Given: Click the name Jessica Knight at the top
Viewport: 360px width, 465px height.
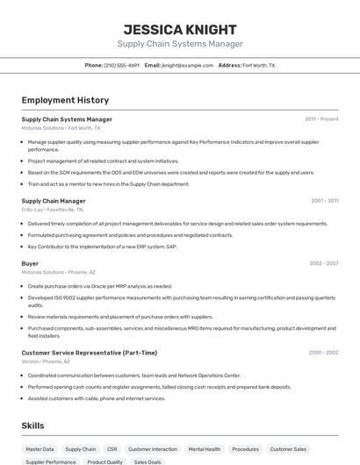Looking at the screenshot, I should (x=180, y=29).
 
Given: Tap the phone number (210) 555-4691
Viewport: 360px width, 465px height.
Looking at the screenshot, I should (x=121, y=66).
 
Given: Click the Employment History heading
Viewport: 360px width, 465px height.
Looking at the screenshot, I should (x=65, y=100).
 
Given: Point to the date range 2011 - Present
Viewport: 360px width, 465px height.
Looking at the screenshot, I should (x=321, y=119).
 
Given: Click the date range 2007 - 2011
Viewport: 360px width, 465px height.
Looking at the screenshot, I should (x=324, y=201).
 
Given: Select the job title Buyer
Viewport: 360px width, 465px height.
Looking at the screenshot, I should (x=30, y=263).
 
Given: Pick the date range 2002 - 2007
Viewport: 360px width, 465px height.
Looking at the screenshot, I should (x=323, y=263).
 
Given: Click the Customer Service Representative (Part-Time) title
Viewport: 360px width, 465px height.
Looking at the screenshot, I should (x=89, y=353).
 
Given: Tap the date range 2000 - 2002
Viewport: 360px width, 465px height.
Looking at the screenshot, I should (x=323, y=353).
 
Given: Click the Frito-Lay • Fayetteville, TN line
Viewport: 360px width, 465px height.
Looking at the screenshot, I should (x=52, y=210).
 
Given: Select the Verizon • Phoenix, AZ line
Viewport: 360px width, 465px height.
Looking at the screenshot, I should (x=46, y=361).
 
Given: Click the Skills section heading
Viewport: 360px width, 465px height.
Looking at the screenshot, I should (x=32, y=426).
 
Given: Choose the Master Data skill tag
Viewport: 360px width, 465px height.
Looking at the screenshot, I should (x=40, y=449).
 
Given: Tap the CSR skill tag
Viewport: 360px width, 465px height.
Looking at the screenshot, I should (x=112, y=449).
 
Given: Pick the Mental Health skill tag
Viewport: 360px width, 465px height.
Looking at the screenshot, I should (x=205, y=449).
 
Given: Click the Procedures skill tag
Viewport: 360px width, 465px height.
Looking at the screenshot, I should (x=246, y=449).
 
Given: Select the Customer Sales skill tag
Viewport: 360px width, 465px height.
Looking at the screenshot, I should (x=288, y=449).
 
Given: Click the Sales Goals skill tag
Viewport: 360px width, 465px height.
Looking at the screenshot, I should (x=148, y=461).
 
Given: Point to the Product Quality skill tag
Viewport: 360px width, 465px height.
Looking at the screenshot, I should (x=104, y=461).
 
